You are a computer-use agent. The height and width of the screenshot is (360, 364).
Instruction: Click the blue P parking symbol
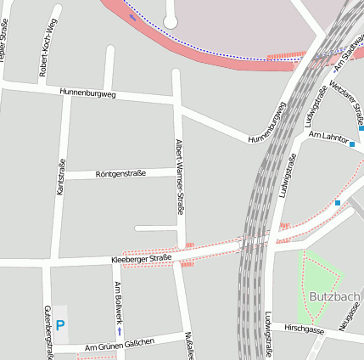pos(60,324)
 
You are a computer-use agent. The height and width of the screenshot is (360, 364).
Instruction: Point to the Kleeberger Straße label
pos(141,258)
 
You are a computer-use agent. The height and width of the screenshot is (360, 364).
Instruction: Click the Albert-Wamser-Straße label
pos(179,179)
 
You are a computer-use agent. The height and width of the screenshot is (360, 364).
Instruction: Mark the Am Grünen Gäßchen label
pos(120,344)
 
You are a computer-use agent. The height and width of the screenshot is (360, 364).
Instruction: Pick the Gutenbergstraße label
pos(48,332)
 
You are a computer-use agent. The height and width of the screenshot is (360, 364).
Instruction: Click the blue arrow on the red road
pos(132,15)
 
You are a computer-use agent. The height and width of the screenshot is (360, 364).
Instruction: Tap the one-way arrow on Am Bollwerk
pos(118,331)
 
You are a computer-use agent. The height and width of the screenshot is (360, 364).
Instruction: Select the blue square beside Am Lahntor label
pos(352,145)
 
